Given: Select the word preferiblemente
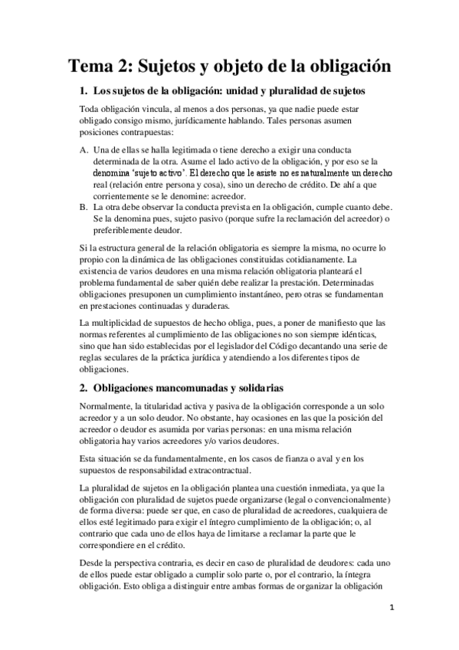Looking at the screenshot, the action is (123, 230).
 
